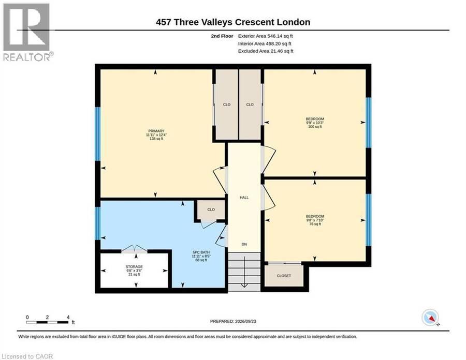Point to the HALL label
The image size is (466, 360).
pyautogui.click(x=244, y=198)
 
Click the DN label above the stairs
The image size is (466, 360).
pyautogui.click(x=244, y=244)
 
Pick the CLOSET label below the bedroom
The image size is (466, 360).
pyautogui.click(x=284, y=276)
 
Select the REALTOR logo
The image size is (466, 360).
pyautogui.click(x=27, y=32)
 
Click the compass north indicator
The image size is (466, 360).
pyautogui.click(x=430, y=318)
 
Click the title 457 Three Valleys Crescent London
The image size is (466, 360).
pyautogui.click(x=233, y=22)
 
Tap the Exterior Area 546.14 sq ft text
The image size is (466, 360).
pyautogui.click(x=266, y=36)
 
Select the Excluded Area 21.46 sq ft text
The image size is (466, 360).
pyautogui.click(x=266, y=51)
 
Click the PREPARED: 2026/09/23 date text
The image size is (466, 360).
pyautogui.click(x=233, y=321)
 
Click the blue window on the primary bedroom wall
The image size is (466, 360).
pyautogui.click(x=97, y=134)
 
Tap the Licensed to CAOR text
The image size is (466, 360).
pyautogui.click(x=27, y=356)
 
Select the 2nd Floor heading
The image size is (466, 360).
pyautogui.click(x=222, y=36)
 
